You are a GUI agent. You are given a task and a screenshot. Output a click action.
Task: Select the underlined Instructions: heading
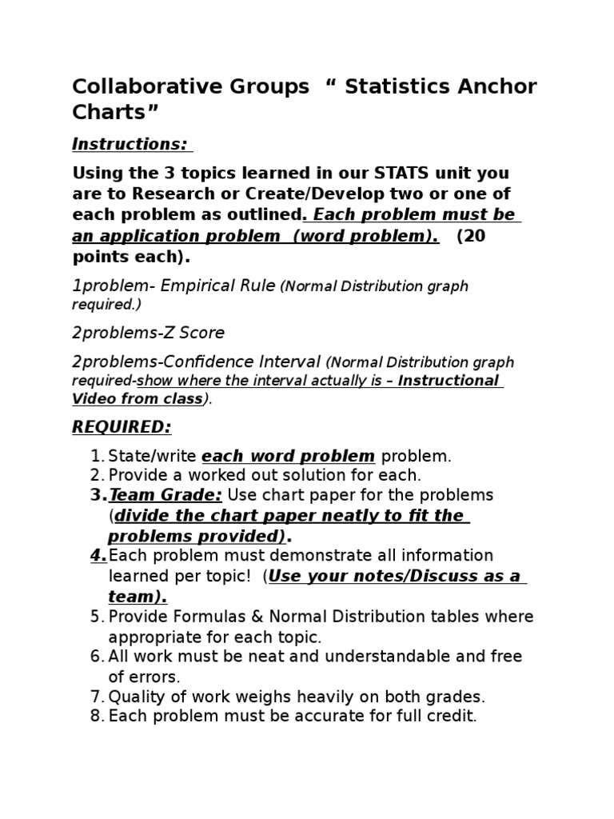click(x=131, y=144)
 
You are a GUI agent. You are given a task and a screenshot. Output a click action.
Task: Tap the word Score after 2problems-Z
click(x=203, y=333)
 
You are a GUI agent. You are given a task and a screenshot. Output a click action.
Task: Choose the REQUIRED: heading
click(x=122, y=427)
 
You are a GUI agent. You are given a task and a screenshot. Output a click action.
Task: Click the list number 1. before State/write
click(x=97, y=457)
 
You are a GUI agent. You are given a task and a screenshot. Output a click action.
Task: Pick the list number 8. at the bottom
click(x=97, y=717)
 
